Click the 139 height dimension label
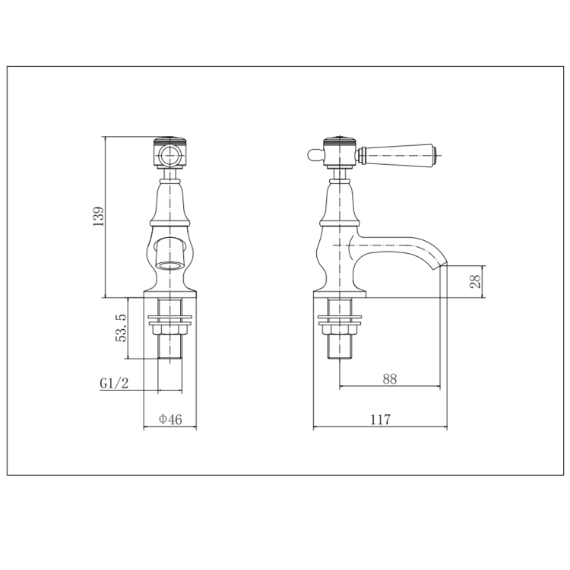pos(99,217)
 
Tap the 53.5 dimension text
pos(122,328)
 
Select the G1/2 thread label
pos(114,384)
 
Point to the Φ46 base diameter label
pos(170,420)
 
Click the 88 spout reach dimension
pos(390,378)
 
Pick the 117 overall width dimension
pos(380,420)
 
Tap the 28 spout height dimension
pos(475,281)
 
